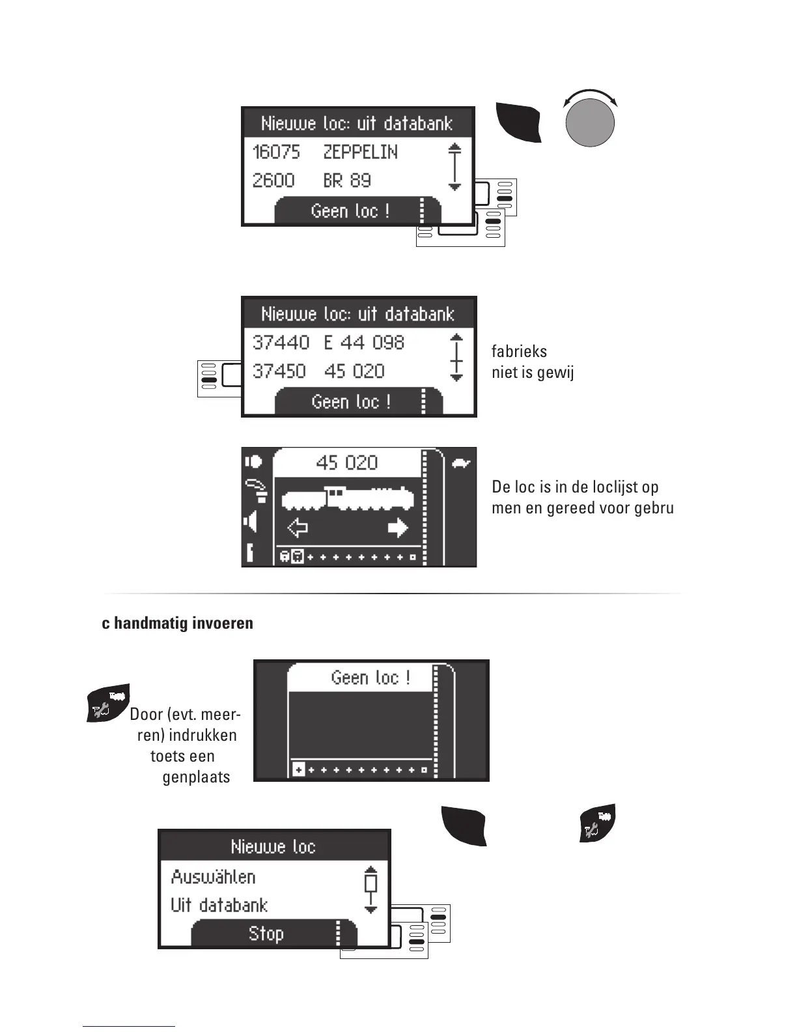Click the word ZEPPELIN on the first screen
(x=360, y=152)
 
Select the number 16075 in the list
(x=276, y=152)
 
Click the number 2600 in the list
(x=273, y=180)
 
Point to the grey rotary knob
(x=590, y=124)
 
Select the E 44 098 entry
(x=364, y=343)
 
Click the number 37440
(x=281, y=343)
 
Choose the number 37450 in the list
(x=279, y=371)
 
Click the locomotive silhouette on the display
(x=347, y=498)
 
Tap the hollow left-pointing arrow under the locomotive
(x=298, y=528)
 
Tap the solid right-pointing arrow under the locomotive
(x=398, y=528)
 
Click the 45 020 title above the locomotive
(x=346, y=463)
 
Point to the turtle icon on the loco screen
(x=460, y=465)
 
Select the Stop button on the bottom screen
(x=266, y=934)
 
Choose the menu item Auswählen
(x=213, y=877)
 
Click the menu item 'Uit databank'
(x=219, y=906)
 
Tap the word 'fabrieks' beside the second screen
(x=519, y=352)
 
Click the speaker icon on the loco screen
(x=251, y=522)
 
